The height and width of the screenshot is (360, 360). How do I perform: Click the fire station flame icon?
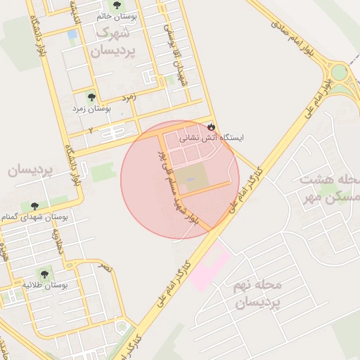pyautogui.click(x=211, y=126)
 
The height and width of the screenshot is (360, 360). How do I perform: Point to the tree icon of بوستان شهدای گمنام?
pyautogui.click(x=34, y=206)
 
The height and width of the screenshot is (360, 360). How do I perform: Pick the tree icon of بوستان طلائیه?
pyautogui.click(x=44, y=273)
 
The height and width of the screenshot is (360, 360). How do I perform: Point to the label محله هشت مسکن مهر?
pyautogui.click(x=328, y=188)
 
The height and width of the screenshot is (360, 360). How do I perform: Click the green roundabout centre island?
pyautogui.click(x=341, y=72)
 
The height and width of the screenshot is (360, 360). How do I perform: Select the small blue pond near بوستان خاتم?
pyautogui.click(x=72, y=34)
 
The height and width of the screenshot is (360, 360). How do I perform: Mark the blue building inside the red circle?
pyautogui.click(x=191, y=179)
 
